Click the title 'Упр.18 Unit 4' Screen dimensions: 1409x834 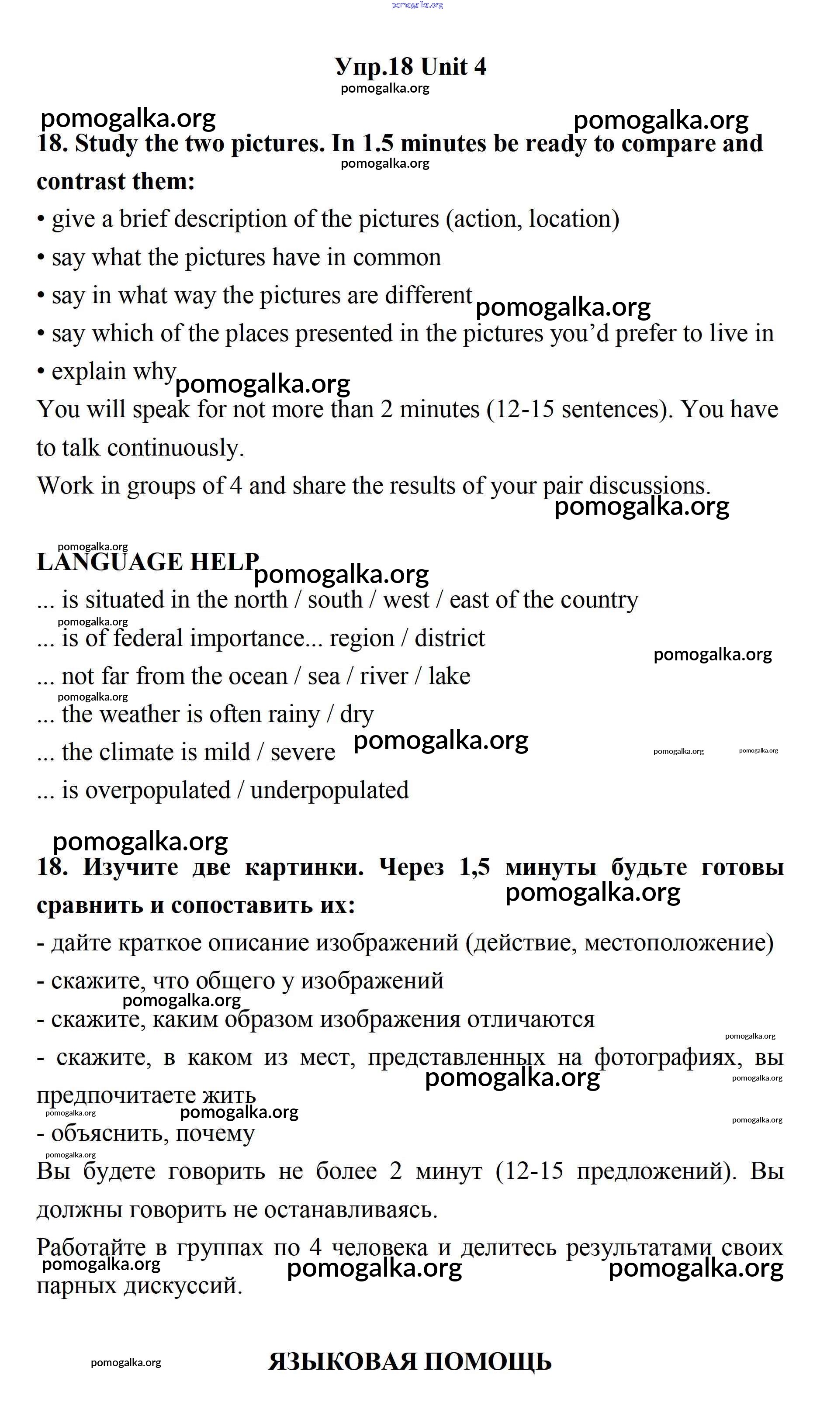pyautogui.click(x=410, y=67)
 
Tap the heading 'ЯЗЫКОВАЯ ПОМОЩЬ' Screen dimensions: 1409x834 pyautogui.click(x=410, y=1362)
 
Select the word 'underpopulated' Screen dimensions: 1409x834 pyautogui.click(x=329, y=791)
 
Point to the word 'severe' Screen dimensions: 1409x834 pyautogui.click(x=302, y=752)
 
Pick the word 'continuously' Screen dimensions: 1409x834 pyautogui.click(x=175, y=448)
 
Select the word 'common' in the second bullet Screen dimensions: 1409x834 pyautogui.click(x=397, y=258)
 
